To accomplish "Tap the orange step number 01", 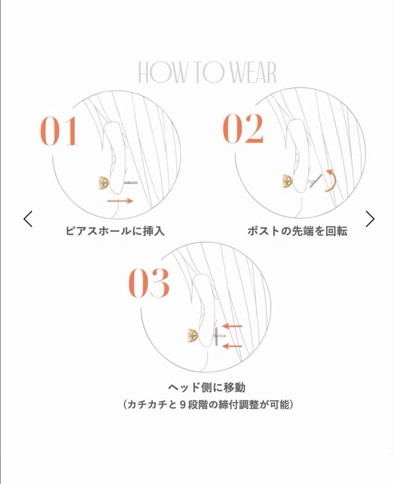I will (x=60, y=132).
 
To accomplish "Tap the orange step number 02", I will (x=243, y=129).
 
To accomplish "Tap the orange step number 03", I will (x=149, y=283).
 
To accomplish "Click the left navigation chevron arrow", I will (x=28, y=219).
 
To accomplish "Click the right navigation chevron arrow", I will (x=370, y=219).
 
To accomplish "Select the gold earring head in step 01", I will (x=104, y=182).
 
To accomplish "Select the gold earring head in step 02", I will (x=287, y=181).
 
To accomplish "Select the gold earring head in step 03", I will (x=193, y=335).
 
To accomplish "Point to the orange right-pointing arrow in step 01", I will (x=121, y=201).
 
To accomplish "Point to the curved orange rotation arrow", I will (x=330, y=180).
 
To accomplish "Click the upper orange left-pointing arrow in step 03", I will (x=232, y=326).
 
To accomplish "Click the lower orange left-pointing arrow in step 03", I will (x=232, y=346).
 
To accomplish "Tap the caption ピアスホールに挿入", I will (x=115, y=231).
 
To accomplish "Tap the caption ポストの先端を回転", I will (x=297, y=231).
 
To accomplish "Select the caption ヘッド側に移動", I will (x=207, y=387).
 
